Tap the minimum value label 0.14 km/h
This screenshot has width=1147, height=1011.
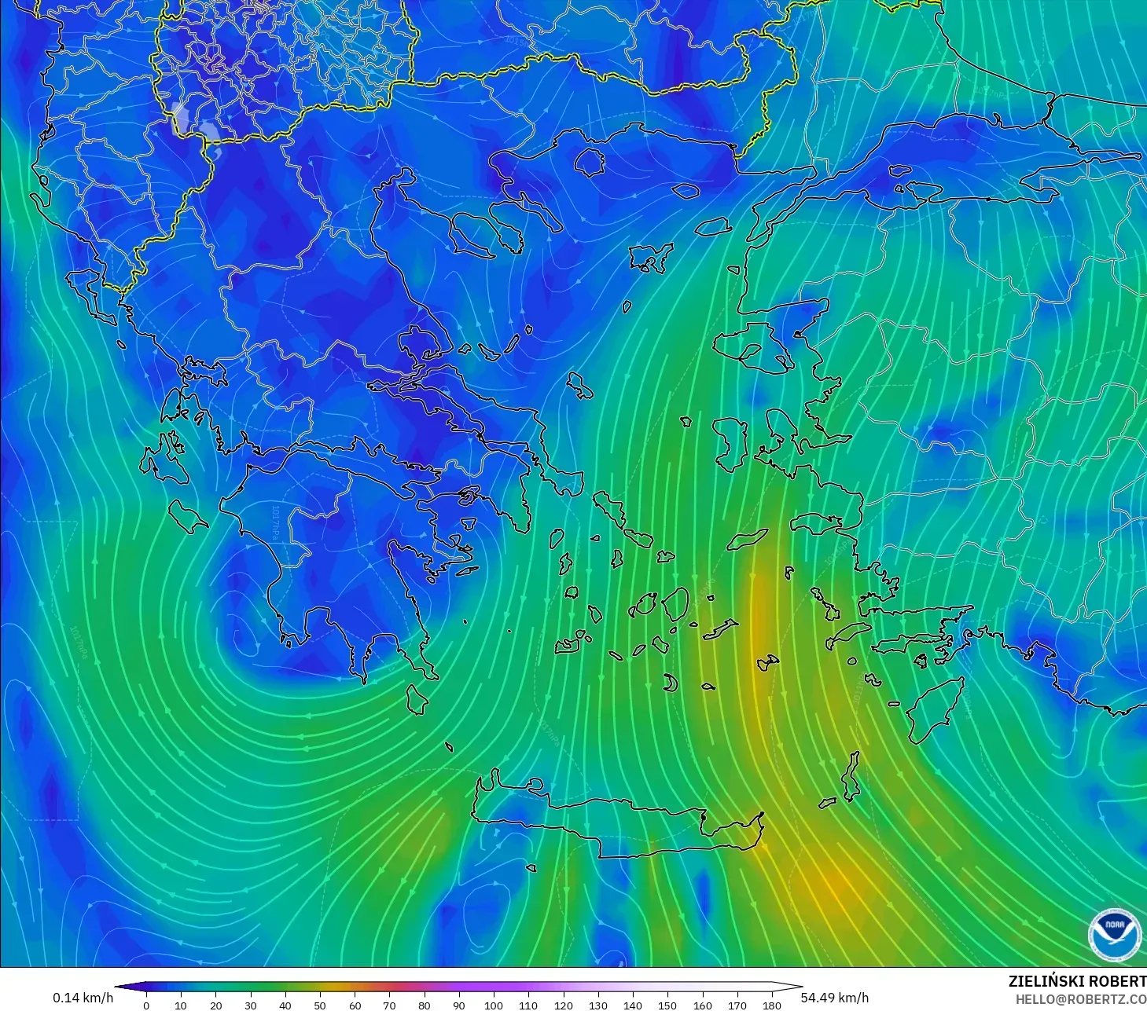click(x=83, y=998)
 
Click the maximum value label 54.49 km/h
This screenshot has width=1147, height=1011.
click(x=834, y=998)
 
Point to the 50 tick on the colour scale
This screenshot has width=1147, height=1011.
click(x=320, y=1005)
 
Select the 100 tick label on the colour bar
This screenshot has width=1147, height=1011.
click(x=494, y=1005)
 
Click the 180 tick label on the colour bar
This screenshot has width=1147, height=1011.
click(x=772, y=1005)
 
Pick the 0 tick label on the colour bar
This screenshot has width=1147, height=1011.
click(x=146, y=1005)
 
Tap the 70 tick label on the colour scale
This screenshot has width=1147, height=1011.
click(x=389, y=1005)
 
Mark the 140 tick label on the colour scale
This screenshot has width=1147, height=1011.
click(x=633, y=1005)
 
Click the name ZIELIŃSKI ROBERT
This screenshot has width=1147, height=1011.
click(x=1077, y=981)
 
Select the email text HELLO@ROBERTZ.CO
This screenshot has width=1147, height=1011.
click(x=1080, y=999)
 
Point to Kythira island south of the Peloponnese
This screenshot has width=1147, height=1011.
click(x=417, y=699)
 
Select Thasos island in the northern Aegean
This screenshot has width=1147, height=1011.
click(x=589, y=162)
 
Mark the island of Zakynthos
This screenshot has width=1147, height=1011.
click(x=187, y=515)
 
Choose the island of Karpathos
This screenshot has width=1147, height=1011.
click(x=851, y=776)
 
